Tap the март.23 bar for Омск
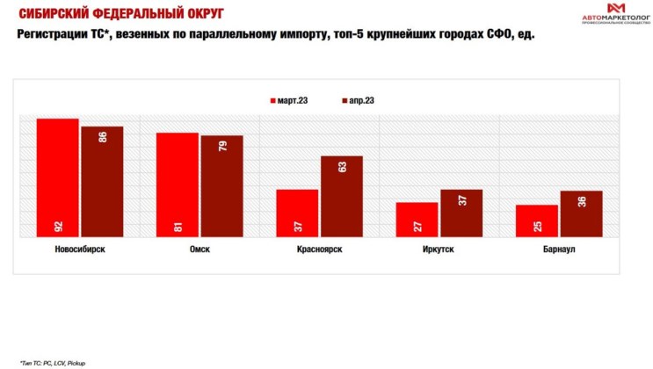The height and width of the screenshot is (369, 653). click(x=178, y=184)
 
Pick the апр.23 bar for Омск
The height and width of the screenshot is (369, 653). click(x=221, y=186)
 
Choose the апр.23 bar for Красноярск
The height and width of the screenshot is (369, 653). click(x=342, y=197)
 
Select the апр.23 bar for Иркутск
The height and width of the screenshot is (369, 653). click(x=461, y=213)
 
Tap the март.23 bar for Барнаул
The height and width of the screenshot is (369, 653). click(x=536, y=221)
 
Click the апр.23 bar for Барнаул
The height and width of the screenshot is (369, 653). click(x=581, y=214)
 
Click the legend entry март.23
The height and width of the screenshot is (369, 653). click(x=287, y=100)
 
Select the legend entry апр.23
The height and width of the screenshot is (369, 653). click(x=358, y=100)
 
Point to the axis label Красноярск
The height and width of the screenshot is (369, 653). click(x=319, y=249)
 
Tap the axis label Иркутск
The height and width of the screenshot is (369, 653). click(x=439, y=249)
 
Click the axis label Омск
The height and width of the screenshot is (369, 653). click(x=200, y=249)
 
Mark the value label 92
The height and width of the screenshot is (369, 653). click(x=58, y=227)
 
